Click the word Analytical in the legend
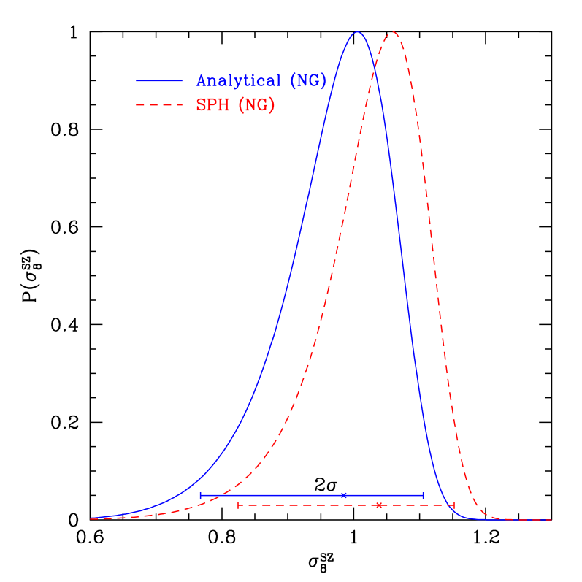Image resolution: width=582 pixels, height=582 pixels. click(238, 81)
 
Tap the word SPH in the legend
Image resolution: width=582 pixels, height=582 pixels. click(212, 105)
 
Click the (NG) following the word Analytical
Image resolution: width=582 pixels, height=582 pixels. click(307, 81)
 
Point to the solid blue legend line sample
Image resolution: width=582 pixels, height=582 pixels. click(158, 80)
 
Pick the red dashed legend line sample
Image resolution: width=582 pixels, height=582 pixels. click(158, 105)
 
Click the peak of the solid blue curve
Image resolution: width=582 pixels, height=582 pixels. click(357, 32)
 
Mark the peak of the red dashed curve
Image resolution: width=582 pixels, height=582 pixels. click(393, 32)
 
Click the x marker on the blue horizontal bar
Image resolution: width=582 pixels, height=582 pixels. click(344, 495)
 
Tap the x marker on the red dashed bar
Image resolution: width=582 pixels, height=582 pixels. click(378, 505)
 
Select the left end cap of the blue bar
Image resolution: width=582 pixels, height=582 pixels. click(201, 495)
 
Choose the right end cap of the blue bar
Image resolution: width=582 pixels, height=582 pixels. click(423, 495)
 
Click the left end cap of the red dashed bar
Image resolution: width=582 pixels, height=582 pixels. click(239, 505)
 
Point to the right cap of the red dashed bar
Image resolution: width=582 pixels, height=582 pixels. click(454, 505)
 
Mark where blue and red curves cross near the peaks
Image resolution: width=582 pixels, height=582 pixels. click(375, 66)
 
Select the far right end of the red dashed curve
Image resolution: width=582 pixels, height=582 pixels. click(551, 520)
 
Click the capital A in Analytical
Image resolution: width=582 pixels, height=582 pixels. click(202, 81)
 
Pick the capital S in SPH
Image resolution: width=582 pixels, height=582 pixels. click(201, 105)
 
